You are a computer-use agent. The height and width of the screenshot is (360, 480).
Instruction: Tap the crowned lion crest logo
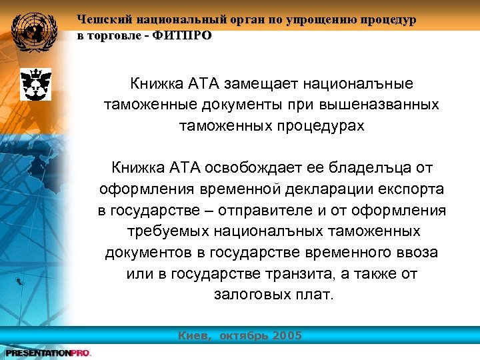click(32, 84)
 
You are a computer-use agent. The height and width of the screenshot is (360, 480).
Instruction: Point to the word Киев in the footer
click(195, 335)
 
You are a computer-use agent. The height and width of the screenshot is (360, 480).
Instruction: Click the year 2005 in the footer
click(286, 335)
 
